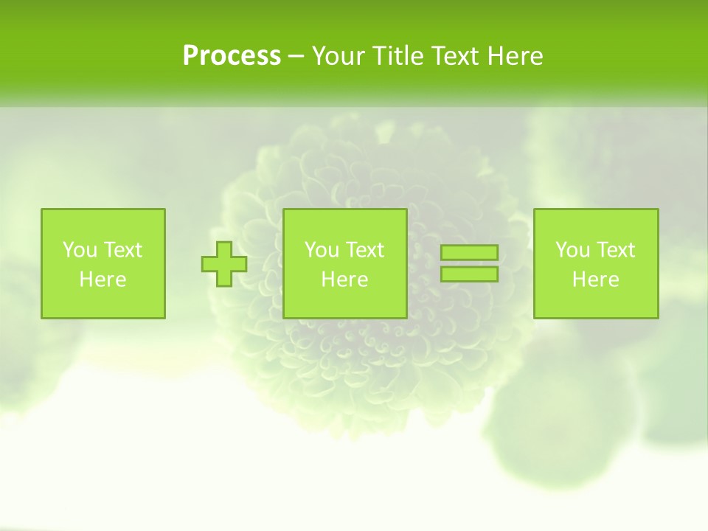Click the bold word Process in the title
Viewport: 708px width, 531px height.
(x=232, y=56)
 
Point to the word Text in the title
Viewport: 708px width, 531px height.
(x=456, y=56)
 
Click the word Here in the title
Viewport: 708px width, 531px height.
(x=516, y=56)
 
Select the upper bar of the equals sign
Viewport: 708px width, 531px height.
(x=469, y=252)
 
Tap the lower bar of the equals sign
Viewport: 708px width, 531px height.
(x=469, y=274)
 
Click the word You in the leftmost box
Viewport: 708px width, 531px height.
(x=78, y=250)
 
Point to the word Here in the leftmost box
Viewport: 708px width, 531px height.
(x=103, y=280)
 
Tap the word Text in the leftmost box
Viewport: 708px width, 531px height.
(x=122, y=250)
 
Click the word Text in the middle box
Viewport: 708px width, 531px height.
(x=364, y=250)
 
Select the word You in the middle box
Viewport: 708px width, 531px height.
(x=320, y=250)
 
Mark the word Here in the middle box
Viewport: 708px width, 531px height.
(x=344, y=280)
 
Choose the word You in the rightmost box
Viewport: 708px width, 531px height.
(x=571, y=250)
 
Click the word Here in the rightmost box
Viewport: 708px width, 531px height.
(x=595, y=280)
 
